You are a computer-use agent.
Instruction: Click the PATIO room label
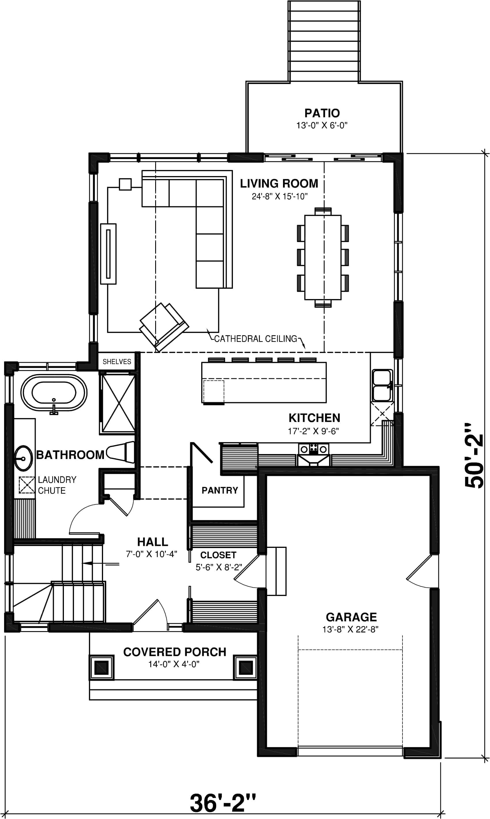322,113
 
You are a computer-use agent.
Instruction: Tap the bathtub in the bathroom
54,392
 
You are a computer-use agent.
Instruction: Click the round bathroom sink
23,458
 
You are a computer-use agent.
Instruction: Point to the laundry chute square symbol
26,485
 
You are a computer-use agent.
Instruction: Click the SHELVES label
117,362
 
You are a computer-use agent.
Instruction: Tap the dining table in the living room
323,257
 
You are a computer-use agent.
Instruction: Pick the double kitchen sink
382,385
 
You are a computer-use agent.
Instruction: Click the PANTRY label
220,490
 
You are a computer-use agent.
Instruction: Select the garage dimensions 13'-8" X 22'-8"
350,629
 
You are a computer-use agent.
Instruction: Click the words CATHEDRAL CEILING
256,339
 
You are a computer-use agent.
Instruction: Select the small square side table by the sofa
125,184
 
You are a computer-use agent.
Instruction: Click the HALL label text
153,542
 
